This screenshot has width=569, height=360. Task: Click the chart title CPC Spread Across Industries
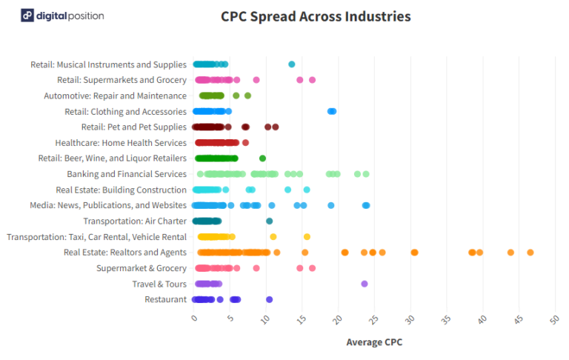(x=316, y=16)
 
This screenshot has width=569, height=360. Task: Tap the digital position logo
(x=62, y=16)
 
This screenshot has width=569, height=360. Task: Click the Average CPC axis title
(x=374, y=342)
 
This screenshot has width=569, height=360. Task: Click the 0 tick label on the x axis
(x=194, y=318)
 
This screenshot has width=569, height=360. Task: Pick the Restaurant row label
(x=165, y=299)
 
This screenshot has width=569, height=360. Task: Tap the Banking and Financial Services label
(x=126, y=174)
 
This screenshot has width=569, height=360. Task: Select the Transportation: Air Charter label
(x=134, y=221)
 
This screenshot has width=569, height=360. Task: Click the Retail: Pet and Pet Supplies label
(x=133, y=127)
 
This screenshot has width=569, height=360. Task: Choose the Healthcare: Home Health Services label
(x=121, y=143)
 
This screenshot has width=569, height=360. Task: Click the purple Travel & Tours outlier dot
(x=365, y=284)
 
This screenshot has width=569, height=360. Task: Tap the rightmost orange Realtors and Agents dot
(x=530, y=253)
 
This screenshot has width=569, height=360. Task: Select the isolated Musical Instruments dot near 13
(x=291, y=64)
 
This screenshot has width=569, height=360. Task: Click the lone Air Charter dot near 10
(x=270, y=221)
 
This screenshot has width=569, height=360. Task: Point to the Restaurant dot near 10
(x=270, y=299)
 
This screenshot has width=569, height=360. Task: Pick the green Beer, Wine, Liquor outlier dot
(x=262, y=159)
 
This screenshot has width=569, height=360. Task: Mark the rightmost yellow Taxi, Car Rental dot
(x=307, y=237)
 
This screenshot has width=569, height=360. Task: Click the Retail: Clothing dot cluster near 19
(x=332, y=111)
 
